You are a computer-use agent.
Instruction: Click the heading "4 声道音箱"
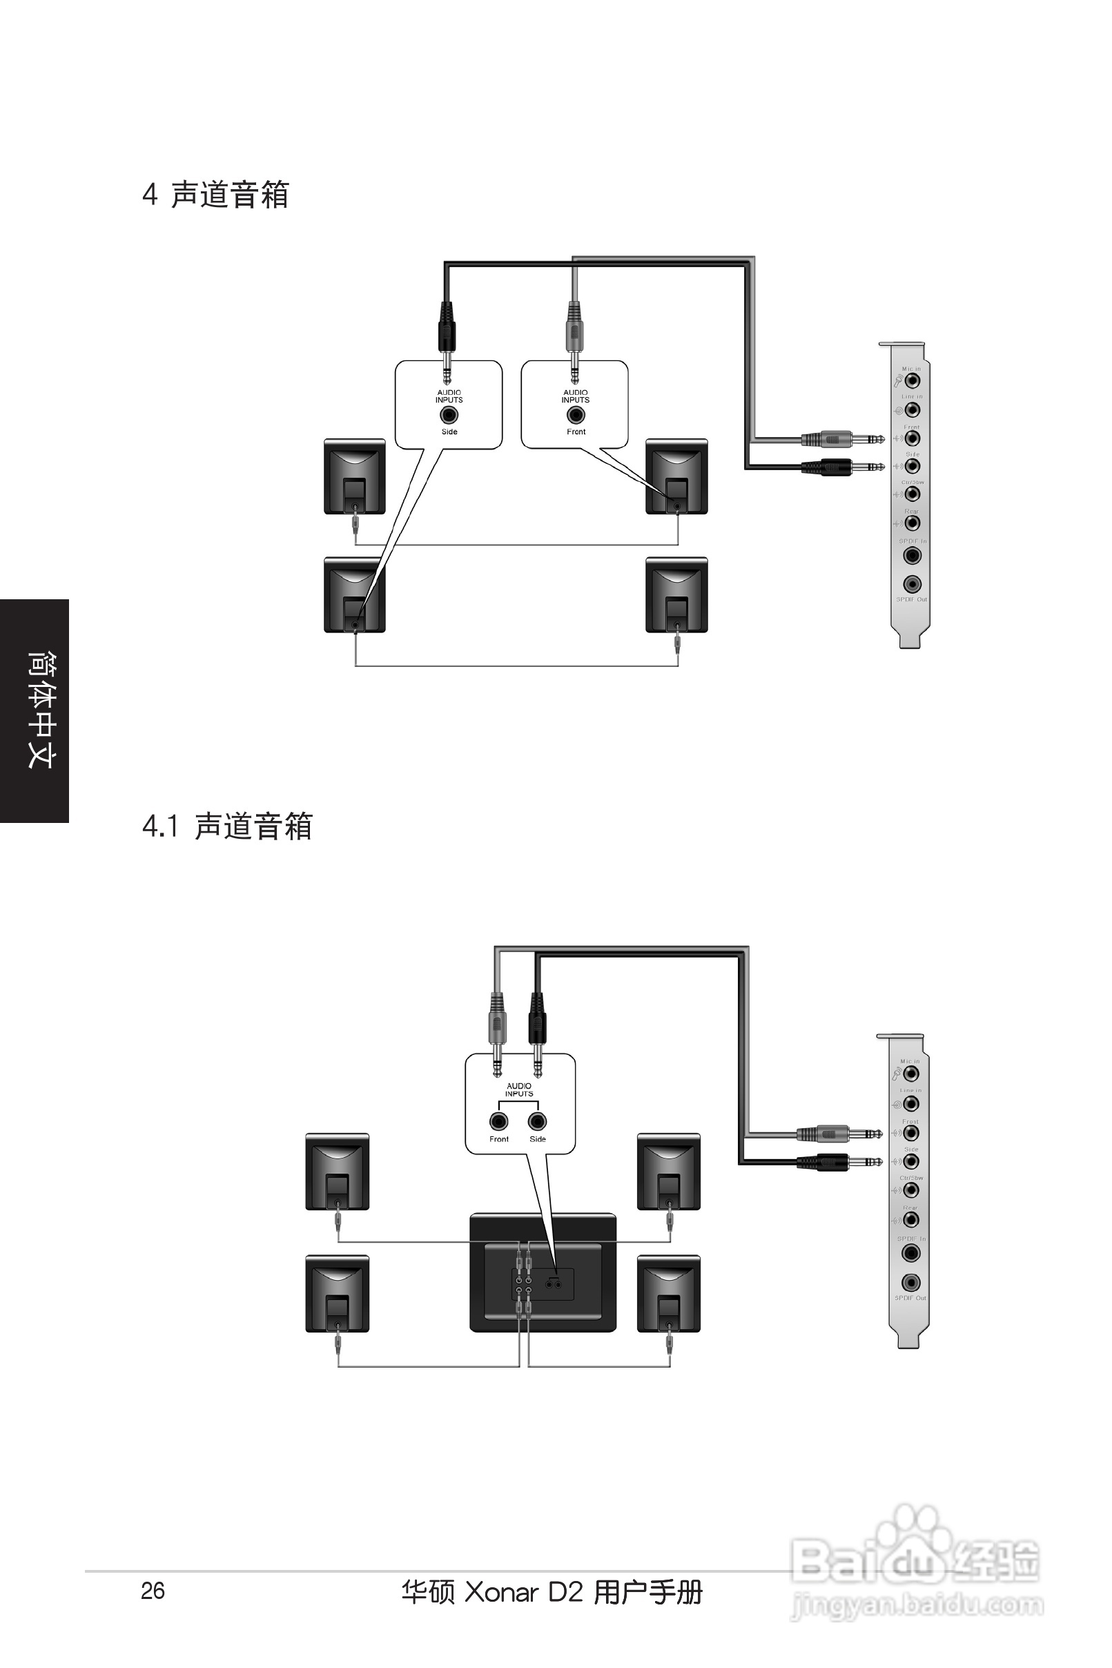pos(215,195)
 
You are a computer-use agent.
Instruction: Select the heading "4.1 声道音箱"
pos(228,826)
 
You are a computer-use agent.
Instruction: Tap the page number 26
pos(153,1591)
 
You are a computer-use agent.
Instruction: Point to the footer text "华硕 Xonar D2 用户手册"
pos(551,1592)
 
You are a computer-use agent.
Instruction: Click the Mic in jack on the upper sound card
pos(912,381)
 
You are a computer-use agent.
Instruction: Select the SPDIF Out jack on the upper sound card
pos(912,584)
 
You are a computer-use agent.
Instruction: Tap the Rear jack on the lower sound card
pos(911,1219)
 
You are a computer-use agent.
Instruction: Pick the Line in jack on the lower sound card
pos(911,1103)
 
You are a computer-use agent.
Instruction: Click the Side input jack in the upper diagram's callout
pos(449,415)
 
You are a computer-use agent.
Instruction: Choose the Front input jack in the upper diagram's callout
pos(576,415)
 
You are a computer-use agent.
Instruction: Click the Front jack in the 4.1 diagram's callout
pos(498,1121)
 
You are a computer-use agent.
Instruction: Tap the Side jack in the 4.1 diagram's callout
pos(538,1121)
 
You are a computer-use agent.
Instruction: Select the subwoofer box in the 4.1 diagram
pos(543,1273)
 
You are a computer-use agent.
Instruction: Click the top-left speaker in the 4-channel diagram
pos(355,476)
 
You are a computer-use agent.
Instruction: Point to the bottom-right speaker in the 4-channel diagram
pos(676,594)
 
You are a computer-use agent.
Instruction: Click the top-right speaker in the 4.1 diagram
pos(669,1171)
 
